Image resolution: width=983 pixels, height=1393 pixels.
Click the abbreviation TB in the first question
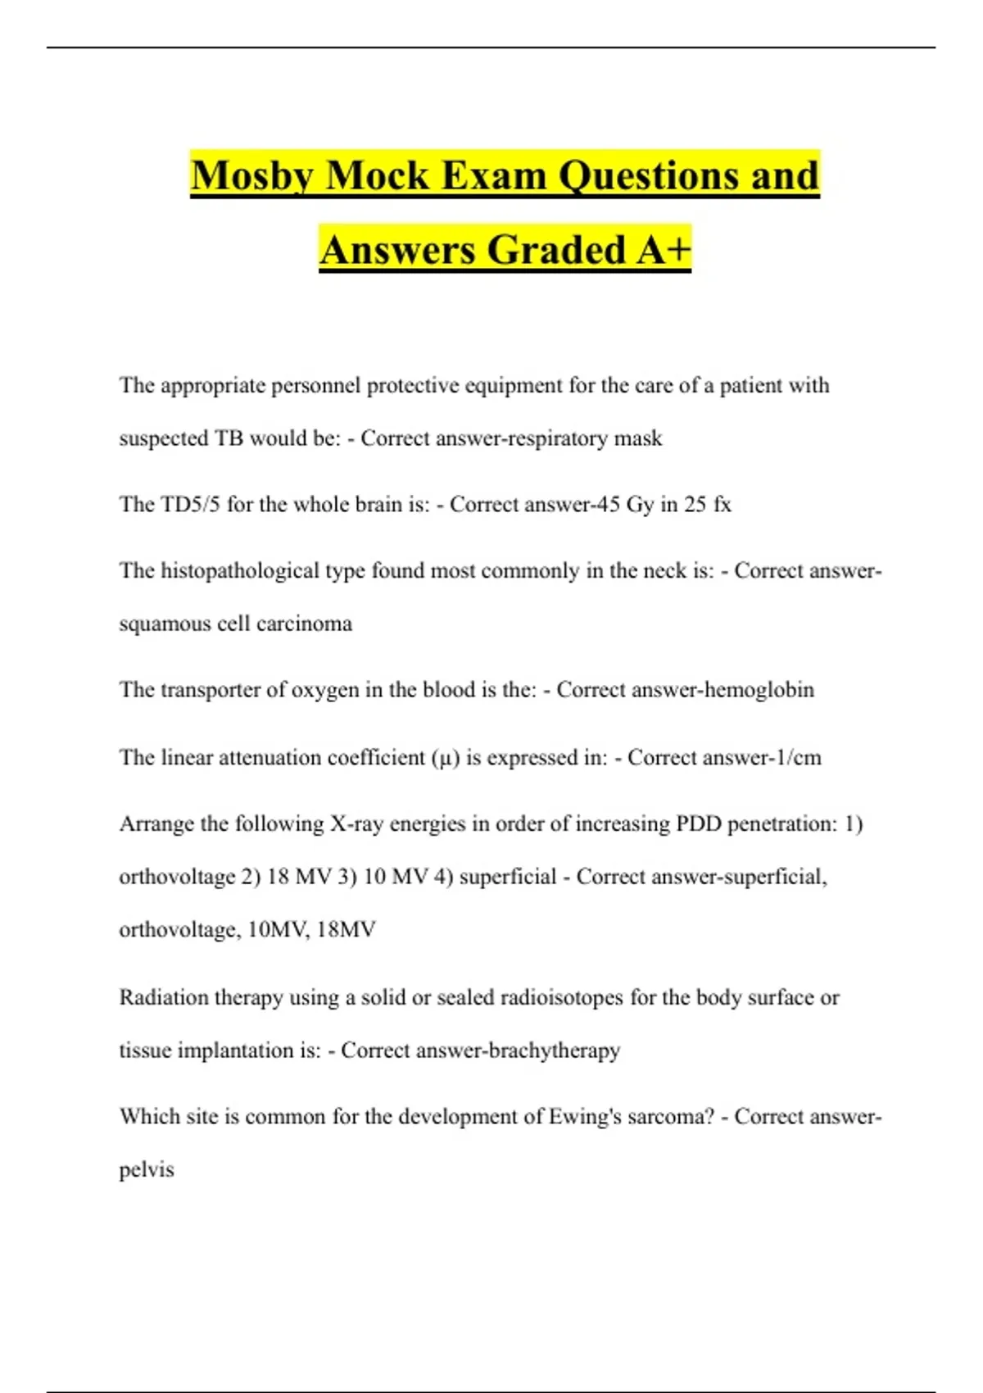tap(229, 438)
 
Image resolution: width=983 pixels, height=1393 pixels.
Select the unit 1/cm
tap(798, 757)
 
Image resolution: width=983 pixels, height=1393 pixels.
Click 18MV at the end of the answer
tap(346, 929)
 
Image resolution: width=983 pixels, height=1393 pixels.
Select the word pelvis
tap(147, 1169)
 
